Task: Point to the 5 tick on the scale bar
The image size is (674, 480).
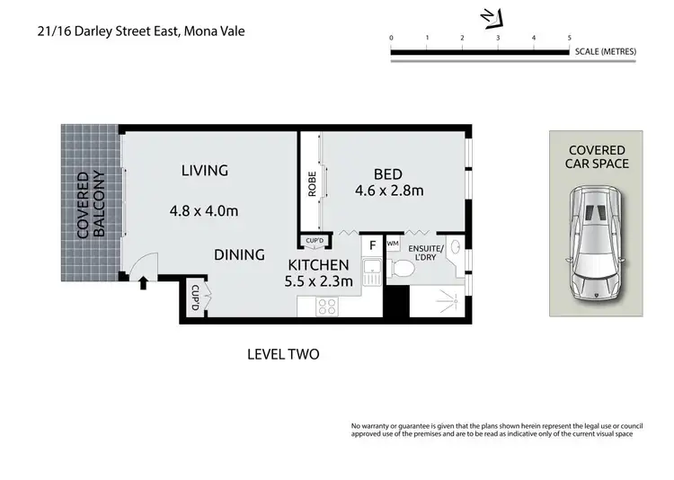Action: coord(569,38)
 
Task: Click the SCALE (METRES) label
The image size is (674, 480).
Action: coord(605,51)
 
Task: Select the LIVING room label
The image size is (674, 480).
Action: coord(204,170)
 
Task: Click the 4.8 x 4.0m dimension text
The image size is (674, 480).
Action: coord(204,212)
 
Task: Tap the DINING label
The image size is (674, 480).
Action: coord(239,254)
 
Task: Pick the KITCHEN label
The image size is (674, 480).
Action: coord(317,265)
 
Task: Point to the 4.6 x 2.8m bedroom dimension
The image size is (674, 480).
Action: coord(389,191)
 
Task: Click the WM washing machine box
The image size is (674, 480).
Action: coord(393,244)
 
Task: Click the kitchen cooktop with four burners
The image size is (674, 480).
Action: coord(326,307)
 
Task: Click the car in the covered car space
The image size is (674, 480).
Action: coord(595,246)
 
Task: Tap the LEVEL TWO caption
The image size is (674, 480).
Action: coord(283,354)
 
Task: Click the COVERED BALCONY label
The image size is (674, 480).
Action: coord(92,204)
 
